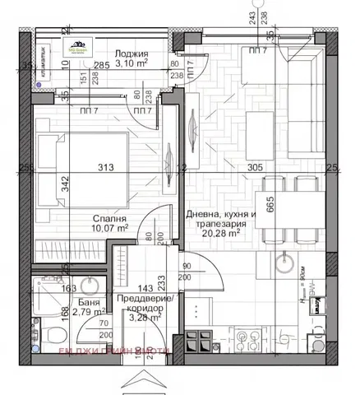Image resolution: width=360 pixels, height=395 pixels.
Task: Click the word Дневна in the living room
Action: click(x=204, y=215)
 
